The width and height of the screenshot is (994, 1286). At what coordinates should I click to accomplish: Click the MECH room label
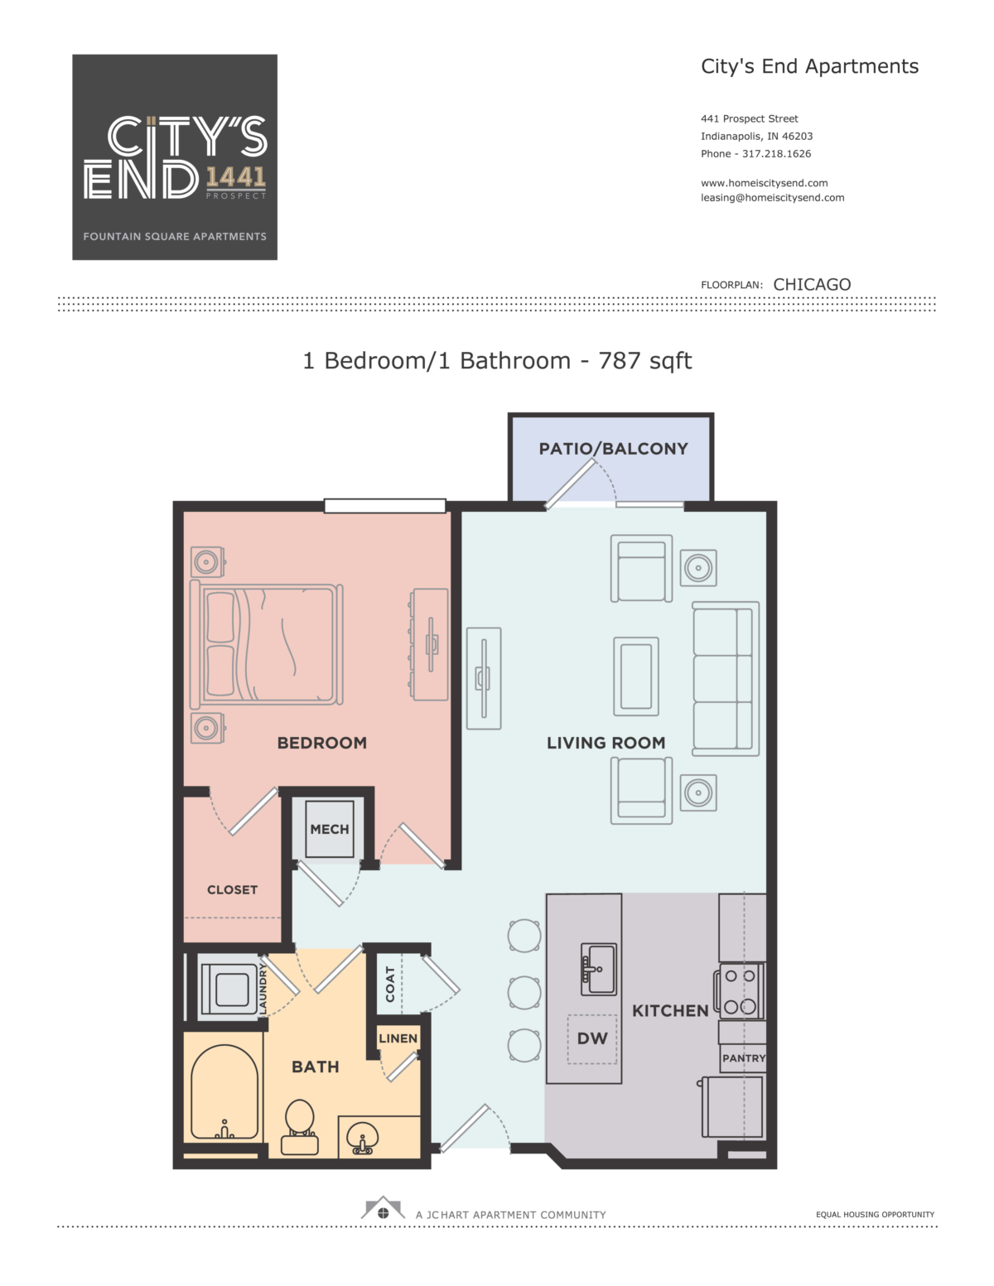coord(329,829)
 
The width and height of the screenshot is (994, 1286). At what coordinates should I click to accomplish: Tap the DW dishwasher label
coord(592,1038)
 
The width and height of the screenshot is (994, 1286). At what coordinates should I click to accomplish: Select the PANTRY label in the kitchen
coord(744,1058)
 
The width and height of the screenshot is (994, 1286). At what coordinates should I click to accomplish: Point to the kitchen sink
coord(599,969)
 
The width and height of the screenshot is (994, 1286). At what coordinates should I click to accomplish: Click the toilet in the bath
coord(300,1127)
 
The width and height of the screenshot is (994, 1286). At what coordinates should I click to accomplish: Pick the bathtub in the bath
coord(224,1092)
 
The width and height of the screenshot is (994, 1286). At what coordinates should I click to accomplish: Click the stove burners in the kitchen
coord(740,991)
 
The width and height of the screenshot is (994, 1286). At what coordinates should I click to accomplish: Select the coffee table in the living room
coord(636,677)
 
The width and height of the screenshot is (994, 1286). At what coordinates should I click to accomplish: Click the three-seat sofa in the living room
coord(726,679)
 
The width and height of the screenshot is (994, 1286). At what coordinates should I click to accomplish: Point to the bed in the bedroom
coord(267,644)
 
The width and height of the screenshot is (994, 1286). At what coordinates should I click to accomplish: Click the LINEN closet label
coord(398,1038)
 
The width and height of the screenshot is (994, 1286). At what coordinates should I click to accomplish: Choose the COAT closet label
coord(390,985)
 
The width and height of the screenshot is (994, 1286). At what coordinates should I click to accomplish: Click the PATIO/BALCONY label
coord(613,449)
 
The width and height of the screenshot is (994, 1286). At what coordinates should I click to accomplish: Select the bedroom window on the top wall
coord(385,505)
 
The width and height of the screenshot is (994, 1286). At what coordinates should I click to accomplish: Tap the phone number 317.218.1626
coord(776,154)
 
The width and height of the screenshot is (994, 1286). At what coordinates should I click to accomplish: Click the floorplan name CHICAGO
coord(812,285)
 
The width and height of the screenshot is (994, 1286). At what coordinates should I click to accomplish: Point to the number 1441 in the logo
coord(235,177)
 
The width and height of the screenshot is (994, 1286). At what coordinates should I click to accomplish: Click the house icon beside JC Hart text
coord(383,1208)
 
